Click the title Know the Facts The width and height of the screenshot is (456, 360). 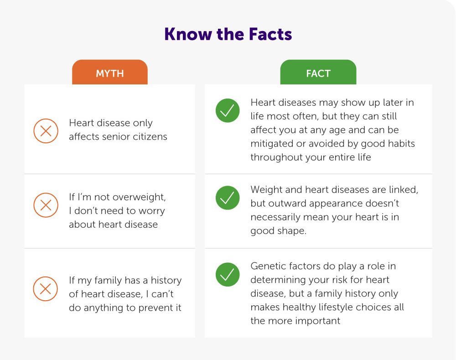point(228,35)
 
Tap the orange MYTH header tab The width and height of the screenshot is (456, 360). point(110,73)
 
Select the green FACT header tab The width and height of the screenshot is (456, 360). point(318,73)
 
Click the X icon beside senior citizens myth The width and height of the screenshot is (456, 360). point(46,131)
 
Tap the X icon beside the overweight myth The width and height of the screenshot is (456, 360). point(46,205)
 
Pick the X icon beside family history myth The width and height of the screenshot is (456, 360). point(46,288)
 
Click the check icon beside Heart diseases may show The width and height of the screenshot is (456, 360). point(227,110)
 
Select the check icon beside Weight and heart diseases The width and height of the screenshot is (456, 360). point(227,198)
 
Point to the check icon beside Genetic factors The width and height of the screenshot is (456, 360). point(227,274)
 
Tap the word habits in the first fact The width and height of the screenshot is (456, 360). point(400,143)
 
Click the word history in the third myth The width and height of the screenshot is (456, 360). point(166,280)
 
